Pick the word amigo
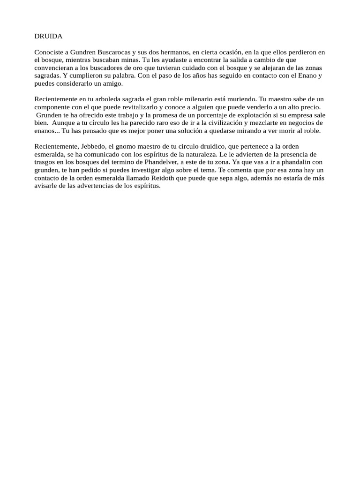point(112,83)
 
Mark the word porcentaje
point(199,115)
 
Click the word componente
point(53,107)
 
